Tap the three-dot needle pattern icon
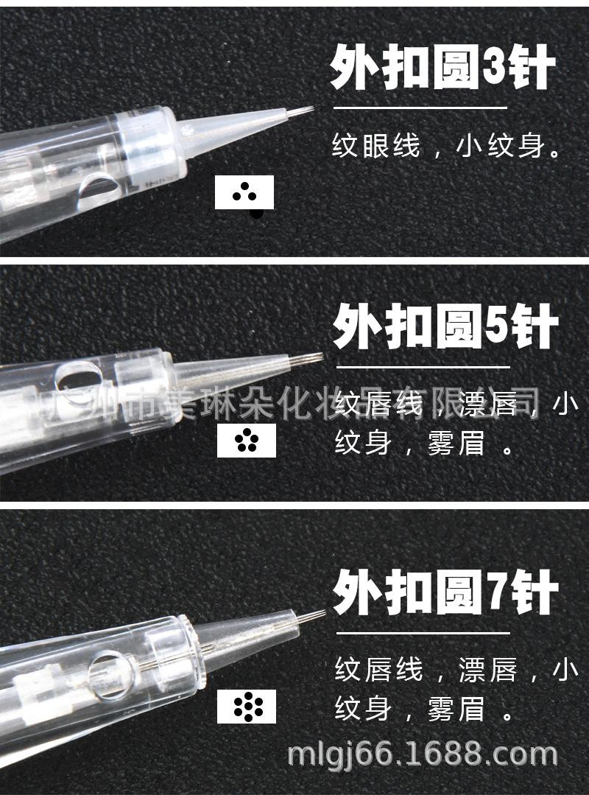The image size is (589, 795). pyautogui.click(x=244, y=192)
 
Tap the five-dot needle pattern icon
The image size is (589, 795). pyautogui.click(x=246, y=441)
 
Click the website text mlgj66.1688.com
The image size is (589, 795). pyautogui.click(x=422, y=754)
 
